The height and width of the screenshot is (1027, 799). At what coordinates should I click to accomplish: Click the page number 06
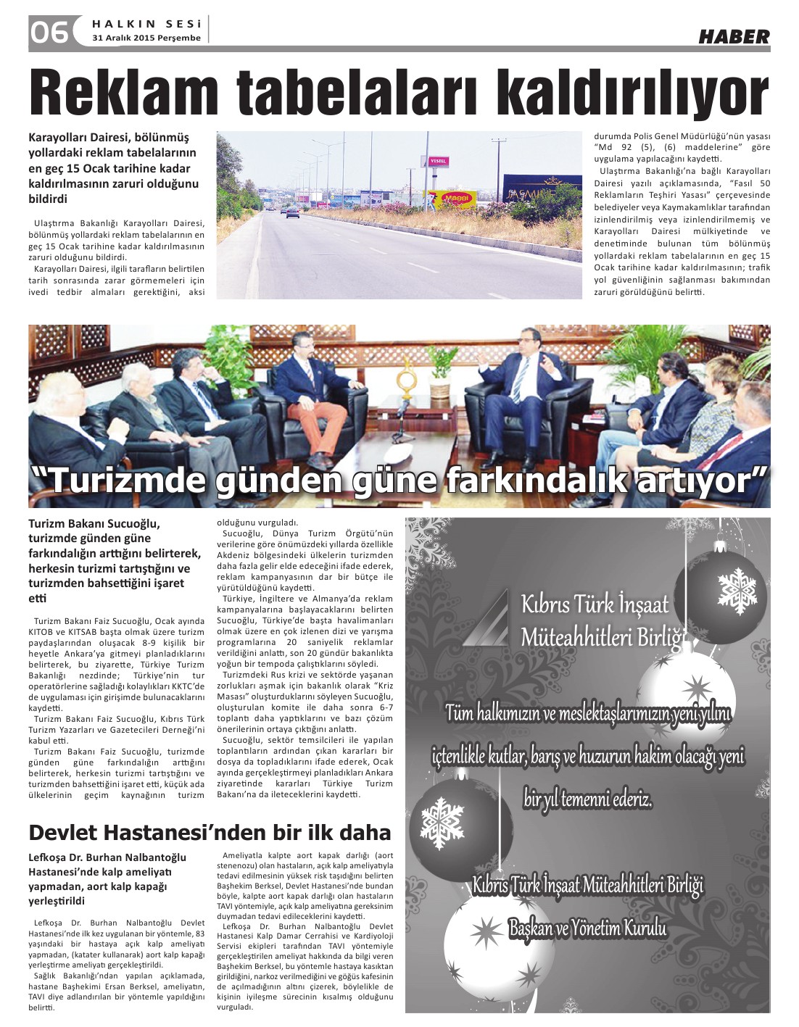point(49,32)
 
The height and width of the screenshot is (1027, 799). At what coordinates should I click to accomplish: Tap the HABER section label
point(734,36)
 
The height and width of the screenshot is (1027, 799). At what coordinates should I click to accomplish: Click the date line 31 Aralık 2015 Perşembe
point(146,38)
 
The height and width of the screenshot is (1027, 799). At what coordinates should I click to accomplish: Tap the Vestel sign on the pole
point(438,161)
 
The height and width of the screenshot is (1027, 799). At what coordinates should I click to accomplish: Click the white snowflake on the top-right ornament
point(737,588)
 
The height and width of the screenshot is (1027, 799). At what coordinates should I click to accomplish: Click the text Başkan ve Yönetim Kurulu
point(587,928)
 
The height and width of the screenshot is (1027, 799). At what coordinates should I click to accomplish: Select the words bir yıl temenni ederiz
point(587,800)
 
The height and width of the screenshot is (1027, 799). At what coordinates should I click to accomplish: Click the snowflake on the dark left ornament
point(442,822)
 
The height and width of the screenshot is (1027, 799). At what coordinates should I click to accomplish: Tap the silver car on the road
point(293,212)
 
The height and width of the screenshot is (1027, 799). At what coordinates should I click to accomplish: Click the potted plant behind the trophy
point(439,370)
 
